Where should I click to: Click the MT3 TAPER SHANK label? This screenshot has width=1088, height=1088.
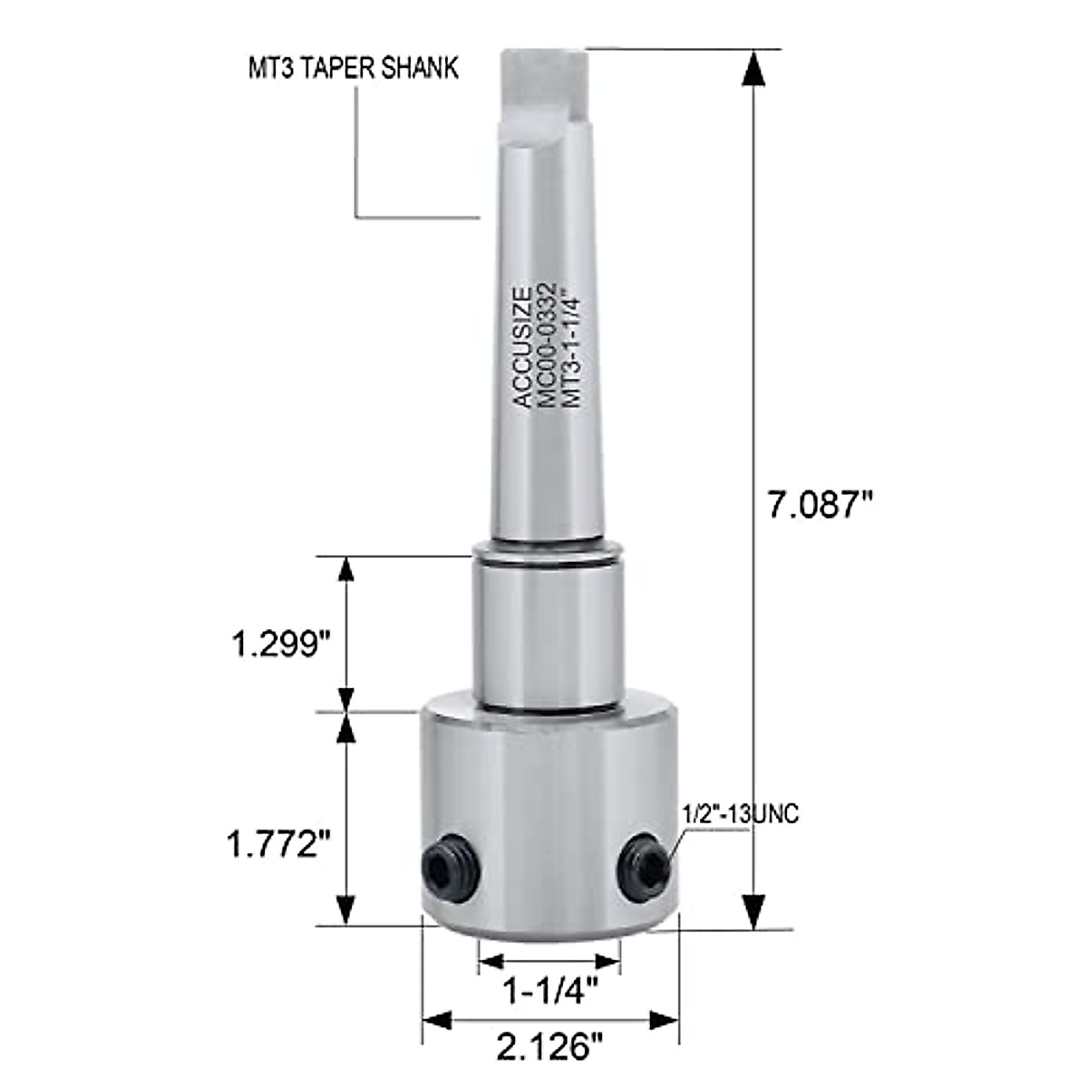pos(354,68)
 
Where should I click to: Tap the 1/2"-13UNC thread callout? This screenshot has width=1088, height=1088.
pos(741,815)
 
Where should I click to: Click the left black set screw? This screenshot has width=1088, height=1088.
pos(451,868)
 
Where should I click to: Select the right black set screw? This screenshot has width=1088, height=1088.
pos(643,869)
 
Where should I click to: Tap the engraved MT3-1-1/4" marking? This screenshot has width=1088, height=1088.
pos(571,349)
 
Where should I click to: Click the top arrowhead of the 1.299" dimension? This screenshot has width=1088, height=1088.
pos(345,572)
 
